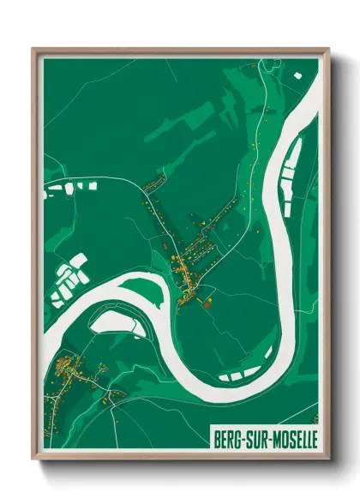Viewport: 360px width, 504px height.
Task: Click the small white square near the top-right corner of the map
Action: pyautogui.click(x=298, y=75)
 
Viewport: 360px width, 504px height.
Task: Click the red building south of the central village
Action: pyautogui.click(x=206, y=301)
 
